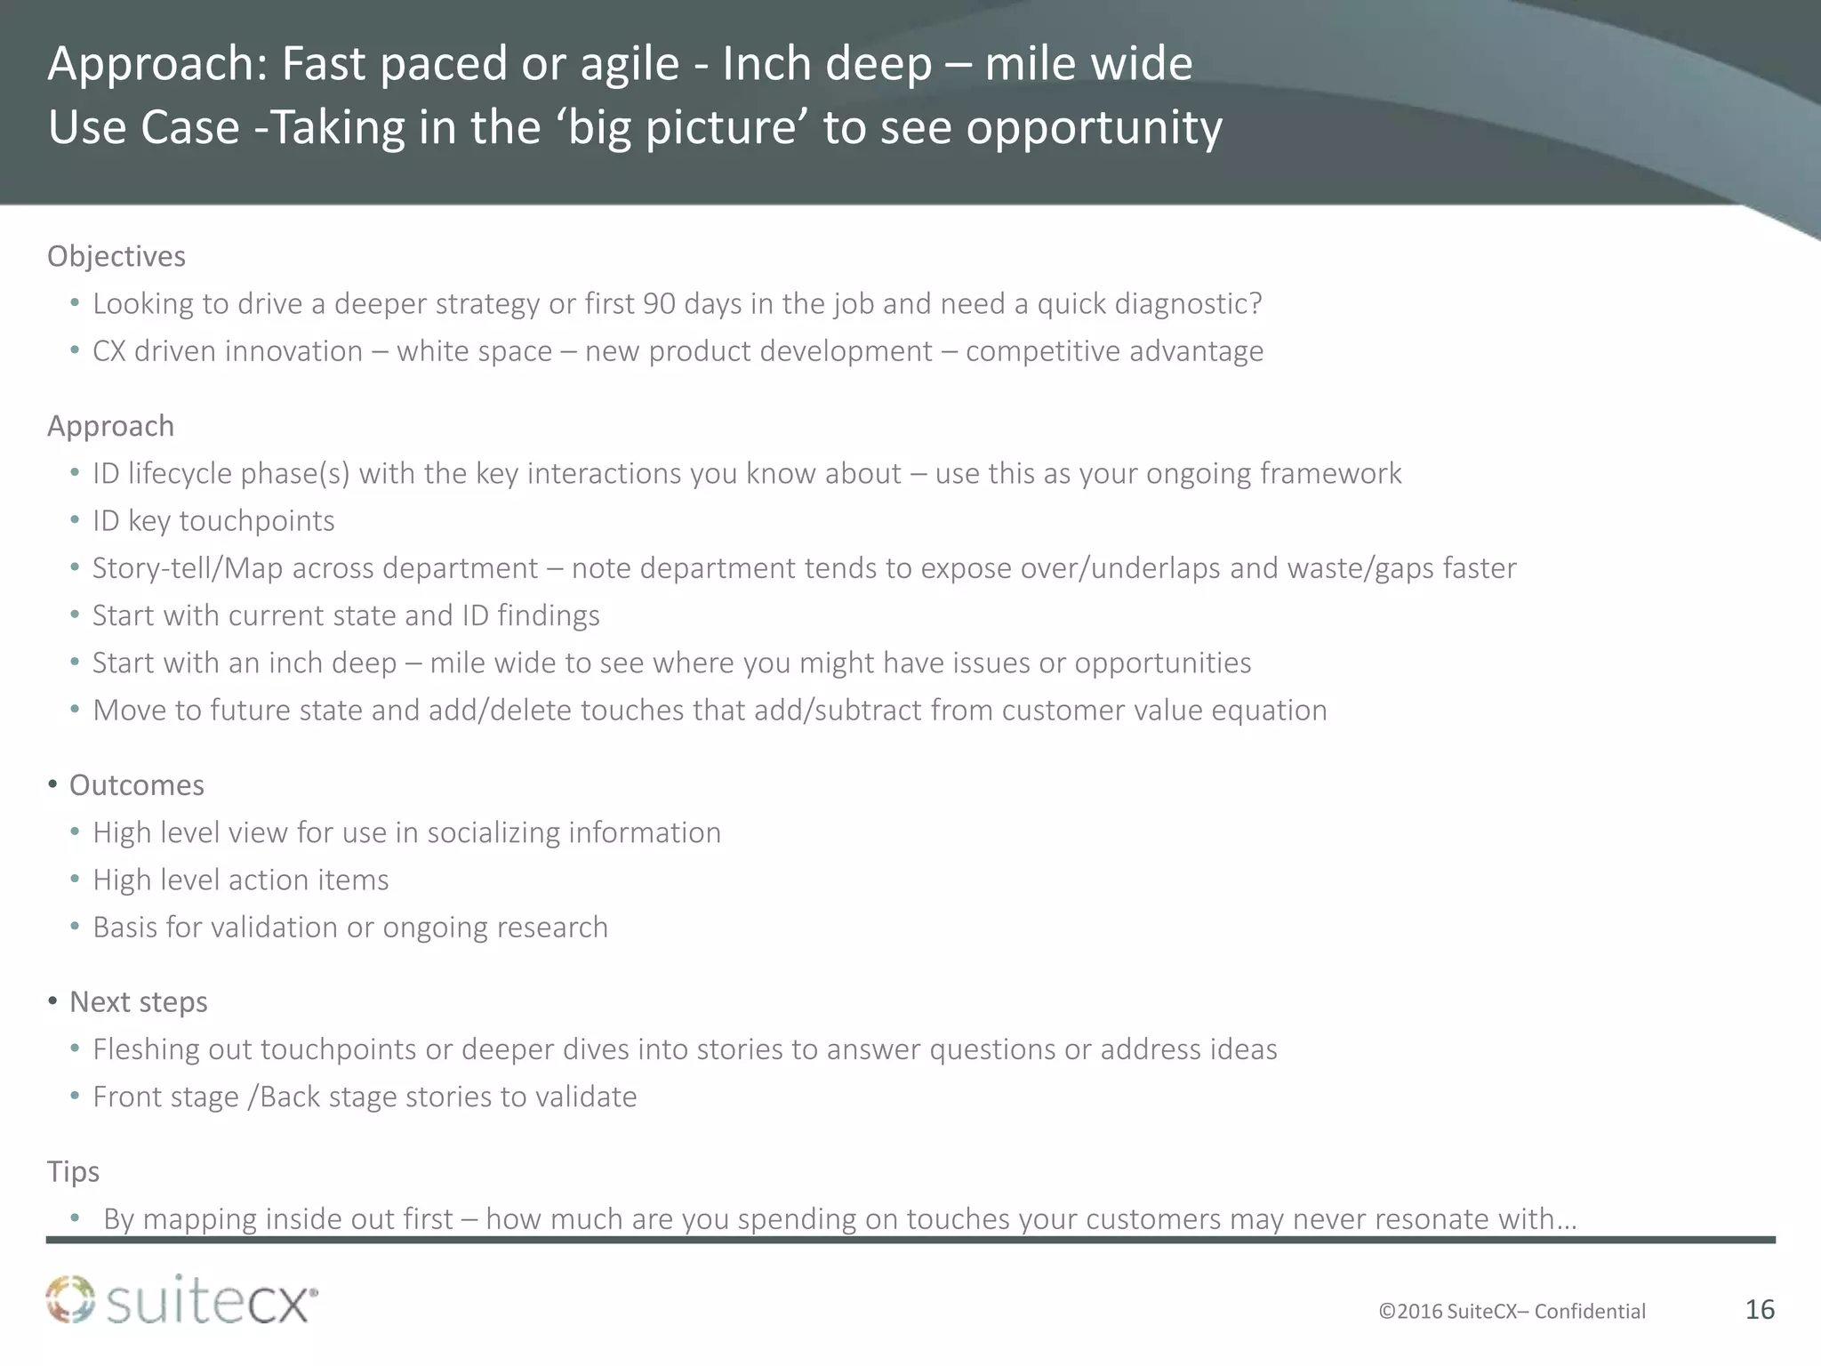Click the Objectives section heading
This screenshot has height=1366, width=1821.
point(116,256)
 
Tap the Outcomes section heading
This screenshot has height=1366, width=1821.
point(137,785)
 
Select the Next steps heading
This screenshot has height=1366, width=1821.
point(139,1002)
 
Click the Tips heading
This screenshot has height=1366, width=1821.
point(73,1171)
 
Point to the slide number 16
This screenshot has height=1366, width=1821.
point(1760,1309)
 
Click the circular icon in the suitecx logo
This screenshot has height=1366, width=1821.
point(70,1299)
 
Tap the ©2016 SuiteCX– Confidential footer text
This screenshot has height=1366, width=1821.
point(1512,1312)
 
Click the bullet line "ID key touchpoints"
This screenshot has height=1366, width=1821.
point(213,521)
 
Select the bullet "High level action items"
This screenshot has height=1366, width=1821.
point(241,880)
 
